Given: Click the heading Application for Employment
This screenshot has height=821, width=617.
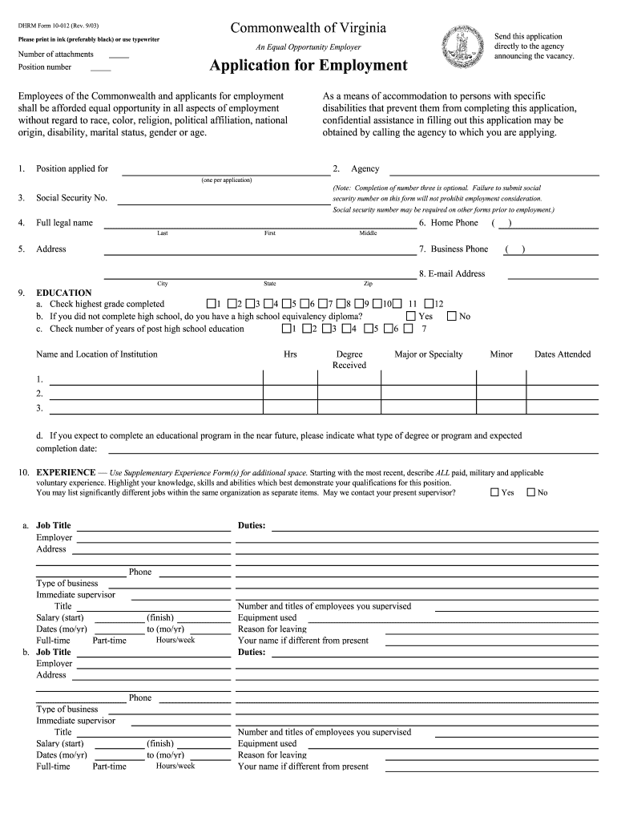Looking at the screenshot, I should pyautogui.click(x=308, y=66).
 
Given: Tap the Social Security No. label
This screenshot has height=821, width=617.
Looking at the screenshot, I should pyautogui.click(x=71, y=197).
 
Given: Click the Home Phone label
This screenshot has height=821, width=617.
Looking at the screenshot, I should pyautogui.click(x=454, y=223).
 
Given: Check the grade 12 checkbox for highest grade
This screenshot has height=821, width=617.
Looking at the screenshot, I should pyautogui.click(x=429, y=304).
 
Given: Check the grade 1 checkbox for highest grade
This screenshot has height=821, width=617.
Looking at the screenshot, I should pyautogui.click(x=211, y=304).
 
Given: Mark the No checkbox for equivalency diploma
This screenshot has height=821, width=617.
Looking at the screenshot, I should pyautogui.click(x=451, y=316).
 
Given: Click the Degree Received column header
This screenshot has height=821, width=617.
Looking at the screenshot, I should pyautogui.click(x=349, y=359).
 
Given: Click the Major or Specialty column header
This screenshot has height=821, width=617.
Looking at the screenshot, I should pyautogui.click(x=429, y=354).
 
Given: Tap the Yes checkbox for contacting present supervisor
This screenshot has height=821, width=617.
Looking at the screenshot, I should pyautogui.click(x=494, y=492).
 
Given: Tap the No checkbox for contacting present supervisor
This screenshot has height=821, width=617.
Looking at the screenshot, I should pyautogui.click(x=530, y=492).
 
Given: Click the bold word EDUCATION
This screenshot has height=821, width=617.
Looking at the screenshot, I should pyautogui.click(x=64, y=293).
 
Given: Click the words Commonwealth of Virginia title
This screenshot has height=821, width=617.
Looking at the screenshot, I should pyautogui.click(x=308, y=29).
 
